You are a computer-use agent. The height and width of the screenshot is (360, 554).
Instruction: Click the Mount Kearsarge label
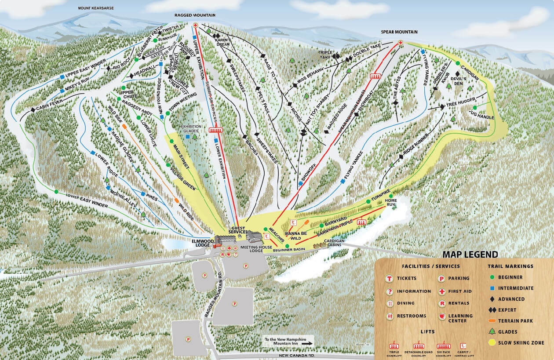(x=95, y=8)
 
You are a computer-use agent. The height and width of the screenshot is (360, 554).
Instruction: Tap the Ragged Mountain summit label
(x=195, y=15)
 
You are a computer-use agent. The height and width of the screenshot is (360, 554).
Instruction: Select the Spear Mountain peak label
(x=399, y=32)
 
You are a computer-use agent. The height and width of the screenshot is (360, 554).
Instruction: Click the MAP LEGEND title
(x=470, y=255)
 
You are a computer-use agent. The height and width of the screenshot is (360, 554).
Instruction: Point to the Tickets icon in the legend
(x=389, y=279)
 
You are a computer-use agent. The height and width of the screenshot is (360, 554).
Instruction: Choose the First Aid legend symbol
(x=441, y=291)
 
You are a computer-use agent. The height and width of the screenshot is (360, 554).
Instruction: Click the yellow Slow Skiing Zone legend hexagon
(x=491, y=342)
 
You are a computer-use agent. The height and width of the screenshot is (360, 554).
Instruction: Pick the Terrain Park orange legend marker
(x=491, y=321)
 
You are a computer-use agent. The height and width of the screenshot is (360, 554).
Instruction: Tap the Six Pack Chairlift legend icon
(x=443, y=346)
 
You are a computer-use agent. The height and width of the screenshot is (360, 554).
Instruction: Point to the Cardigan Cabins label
(x=336, y=244)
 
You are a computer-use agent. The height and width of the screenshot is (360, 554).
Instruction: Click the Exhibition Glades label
(x=191, y=128)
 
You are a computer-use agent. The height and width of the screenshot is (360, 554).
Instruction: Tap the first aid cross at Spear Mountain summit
(x=400, y=43)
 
